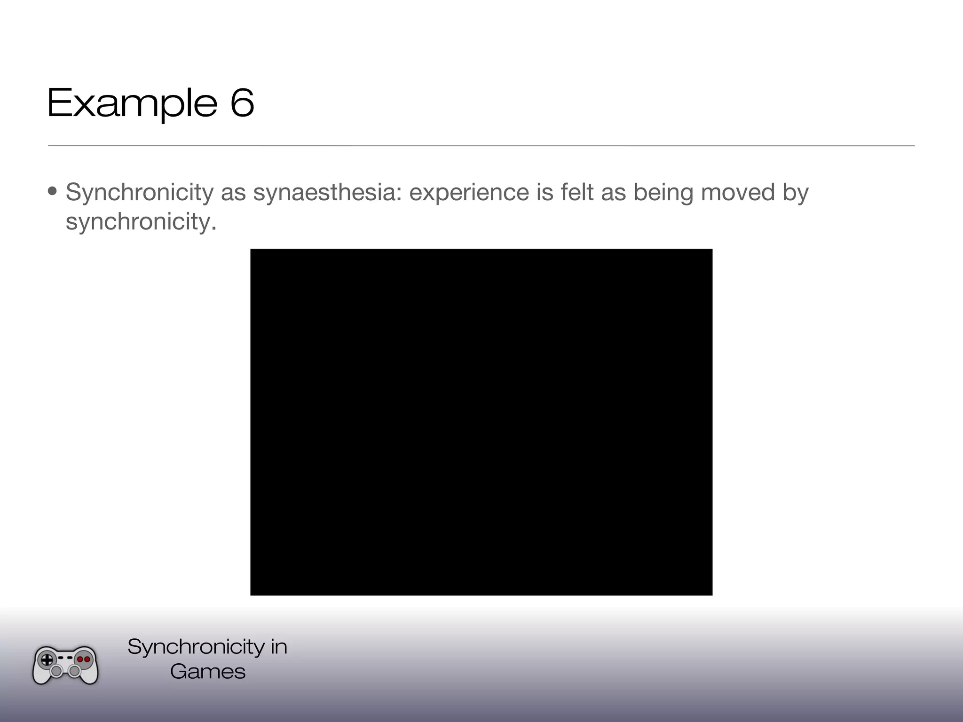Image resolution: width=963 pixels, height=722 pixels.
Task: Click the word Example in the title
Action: click(x=132, y=103)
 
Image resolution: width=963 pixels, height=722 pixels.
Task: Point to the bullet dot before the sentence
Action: click(x=53, y=191)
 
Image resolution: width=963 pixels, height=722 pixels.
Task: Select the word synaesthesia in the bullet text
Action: click(x=327, y=192)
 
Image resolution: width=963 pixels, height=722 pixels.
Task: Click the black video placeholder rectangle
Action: click(x=481, y=422)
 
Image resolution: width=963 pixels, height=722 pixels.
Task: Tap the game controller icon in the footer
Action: click(x=65, y=665)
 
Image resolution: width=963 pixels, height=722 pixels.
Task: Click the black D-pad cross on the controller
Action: click(x=47, y=659)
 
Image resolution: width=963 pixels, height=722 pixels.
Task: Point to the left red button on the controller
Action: click(x=80, y=659)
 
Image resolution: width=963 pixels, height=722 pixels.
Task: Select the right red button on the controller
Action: click(x=87, y=659)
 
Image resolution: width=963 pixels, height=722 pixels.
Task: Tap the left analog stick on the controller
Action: click(x=56, y=671)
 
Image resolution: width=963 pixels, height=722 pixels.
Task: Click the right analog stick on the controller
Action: click(x=74, y=671)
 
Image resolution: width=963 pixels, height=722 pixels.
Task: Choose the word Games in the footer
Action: click(x=208, y=671)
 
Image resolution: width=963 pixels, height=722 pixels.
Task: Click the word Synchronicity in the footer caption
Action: click(x=196, y=647)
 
